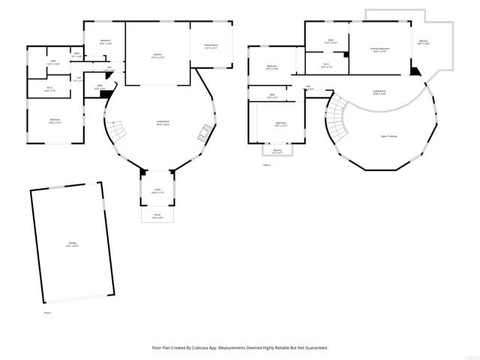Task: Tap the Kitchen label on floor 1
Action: click(158, 55)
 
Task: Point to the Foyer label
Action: click(157, 190)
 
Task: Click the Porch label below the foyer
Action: click(157, 217)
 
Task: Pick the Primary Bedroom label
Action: click(379, 49)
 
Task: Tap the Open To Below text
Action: click(389, 136)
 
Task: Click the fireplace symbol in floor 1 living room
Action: click(203, 135)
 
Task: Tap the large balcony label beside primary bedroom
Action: click(424, 42)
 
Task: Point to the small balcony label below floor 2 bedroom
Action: click(277, 151)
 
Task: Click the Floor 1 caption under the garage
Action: click(48, 312)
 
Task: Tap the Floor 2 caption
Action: click(266, 163)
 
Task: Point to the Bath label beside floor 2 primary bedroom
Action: click(330, 41)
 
